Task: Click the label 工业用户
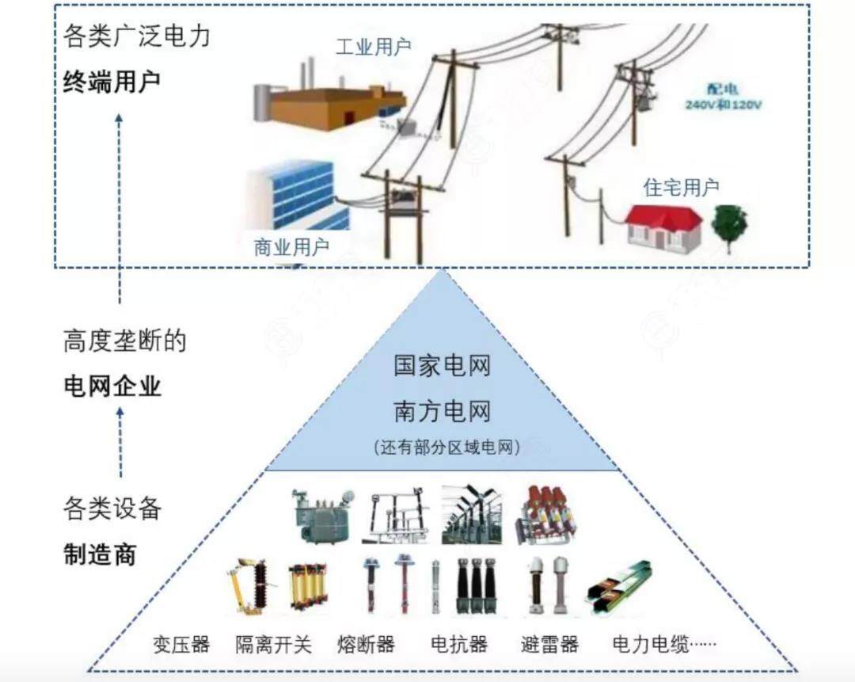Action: click(x=373, y=47)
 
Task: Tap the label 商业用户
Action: click(x=291, y=247)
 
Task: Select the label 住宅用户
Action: click(x=681, y=188)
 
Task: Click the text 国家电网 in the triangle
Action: click(x=443, y=366)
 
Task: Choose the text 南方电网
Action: click(x=443, y=411)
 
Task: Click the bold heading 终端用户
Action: click(x=112, y=82)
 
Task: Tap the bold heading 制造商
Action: click(x=99, y=554)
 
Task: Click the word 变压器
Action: click(x=181, y=643)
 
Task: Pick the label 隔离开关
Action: click(x=274, y=643)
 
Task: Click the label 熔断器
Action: click(x=365, y=643)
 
